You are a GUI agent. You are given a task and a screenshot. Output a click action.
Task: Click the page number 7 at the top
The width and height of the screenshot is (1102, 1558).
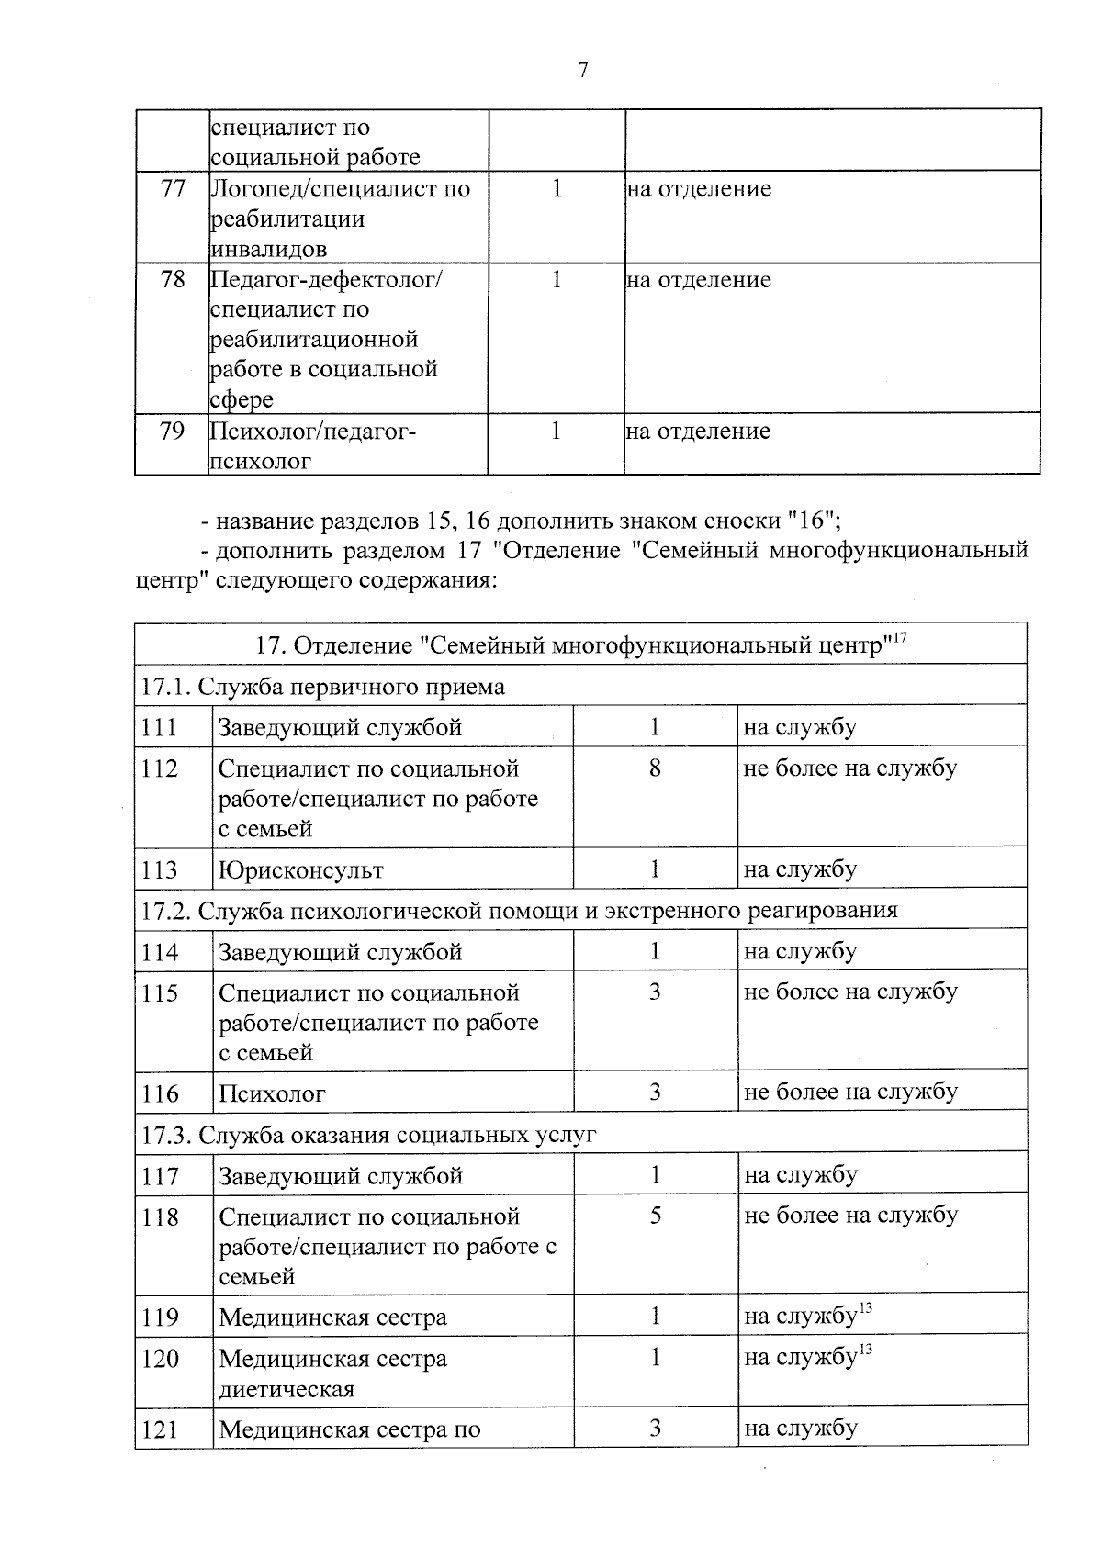582,71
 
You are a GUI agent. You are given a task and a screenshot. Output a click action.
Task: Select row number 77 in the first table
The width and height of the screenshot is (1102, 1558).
173,189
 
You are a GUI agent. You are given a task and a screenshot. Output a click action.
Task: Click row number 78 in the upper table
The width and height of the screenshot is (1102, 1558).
173,280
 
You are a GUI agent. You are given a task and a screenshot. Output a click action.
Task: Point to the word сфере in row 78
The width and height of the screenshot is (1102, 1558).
242,400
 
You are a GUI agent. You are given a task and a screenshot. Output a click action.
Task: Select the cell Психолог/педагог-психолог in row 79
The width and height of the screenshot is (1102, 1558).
312,445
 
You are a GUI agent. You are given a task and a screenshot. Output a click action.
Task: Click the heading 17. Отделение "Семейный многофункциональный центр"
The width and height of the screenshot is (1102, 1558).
569,645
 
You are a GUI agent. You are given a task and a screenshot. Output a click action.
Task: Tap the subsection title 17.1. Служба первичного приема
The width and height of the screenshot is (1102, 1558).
323,687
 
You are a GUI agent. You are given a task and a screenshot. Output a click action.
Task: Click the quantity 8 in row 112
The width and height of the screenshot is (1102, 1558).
655,768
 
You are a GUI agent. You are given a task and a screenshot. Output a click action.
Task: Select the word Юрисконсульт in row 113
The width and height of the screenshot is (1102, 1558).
301,869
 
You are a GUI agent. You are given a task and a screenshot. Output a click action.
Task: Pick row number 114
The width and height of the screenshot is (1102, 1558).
160,952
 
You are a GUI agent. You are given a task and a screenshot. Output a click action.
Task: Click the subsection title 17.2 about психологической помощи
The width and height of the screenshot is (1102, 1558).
519,911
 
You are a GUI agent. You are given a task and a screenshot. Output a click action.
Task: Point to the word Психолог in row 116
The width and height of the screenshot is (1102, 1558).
272,1093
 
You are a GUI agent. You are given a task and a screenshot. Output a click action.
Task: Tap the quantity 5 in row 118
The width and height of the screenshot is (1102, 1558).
656,1216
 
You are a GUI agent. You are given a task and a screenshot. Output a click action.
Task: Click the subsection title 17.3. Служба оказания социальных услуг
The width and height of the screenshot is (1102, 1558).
369,1135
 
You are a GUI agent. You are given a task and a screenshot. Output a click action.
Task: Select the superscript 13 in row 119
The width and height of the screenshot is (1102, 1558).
864,1308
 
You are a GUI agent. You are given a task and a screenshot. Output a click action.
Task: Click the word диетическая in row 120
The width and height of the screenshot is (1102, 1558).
287,1388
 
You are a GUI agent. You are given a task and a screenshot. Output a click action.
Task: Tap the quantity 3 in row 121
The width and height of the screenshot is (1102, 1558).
656,1428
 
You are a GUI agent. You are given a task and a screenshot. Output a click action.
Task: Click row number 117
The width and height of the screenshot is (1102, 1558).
160,1176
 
